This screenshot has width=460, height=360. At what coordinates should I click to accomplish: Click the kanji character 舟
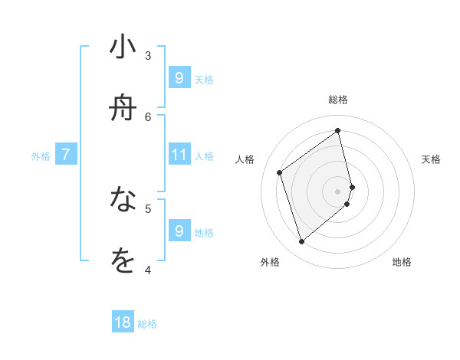pyautogui.click(x=123, y=108)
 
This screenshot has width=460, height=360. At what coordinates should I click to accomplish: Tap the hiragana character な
pyautogui.click(x=123, y=200)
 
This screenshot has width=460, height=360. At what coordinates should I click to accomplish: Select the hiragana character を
pyautogui.click(x=123, y=261)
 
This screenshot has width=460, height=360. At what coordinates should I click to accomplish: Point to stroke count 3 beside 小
pyautogui.click(x=148, y=55)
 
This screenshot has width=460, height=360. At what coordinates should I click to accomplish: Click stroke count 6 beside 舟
pyautogui.click(x=148, y=116)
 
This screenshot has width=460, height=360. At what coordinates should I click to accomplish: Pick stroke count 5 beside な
pyautogui.click(x=148, y=208)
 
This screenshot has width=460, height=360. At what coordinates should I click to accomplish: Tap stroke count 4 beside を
pyautogui.click(x=148, y=269)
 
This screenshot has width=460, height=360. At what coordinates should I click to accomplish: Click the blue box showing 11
pyautogui.click(x=179, y=155)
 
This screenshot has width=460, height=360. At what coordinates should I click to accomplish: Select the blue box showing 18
pyautogui.click(x=123, y=322)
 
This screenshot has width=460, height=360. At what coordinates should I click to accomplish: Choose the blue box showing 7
pyautogui.click(x=66, y=155)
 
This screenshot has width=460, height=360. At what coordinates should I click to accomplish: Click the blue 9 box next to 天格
pyautogui.click(x=179, y=77)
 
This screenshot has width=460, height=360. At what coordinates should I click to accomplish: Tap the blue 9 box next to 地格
pyautogui.click(x=179, y=231)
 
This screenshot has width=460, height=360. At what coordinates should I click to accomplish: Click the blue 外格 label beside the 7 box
pyautogui.click(x=41, y=156)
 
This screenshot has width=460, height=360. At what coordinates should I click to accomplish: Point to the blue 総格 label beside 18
pyautogui.click(x=147, y=324)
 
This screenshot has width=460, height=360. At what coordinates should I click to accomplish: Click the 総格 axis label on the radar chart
pyautogui.click(x=338, y=100)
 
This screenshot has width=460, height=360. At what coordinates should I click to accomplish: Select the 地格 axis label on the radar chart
pyautogui.click(x=402, y=262)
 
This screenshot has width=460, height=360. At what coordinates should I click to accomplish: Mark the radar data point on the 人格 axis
pyautogui.click(x=280, y=172)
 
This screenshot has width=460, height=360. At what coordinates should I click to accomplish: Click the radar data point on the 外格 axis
pyautogui.click(x=301, y=242)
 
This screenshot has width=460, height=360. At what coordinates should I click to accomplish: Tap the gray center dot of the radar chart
pyautogui.click(x=338, y=191)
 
